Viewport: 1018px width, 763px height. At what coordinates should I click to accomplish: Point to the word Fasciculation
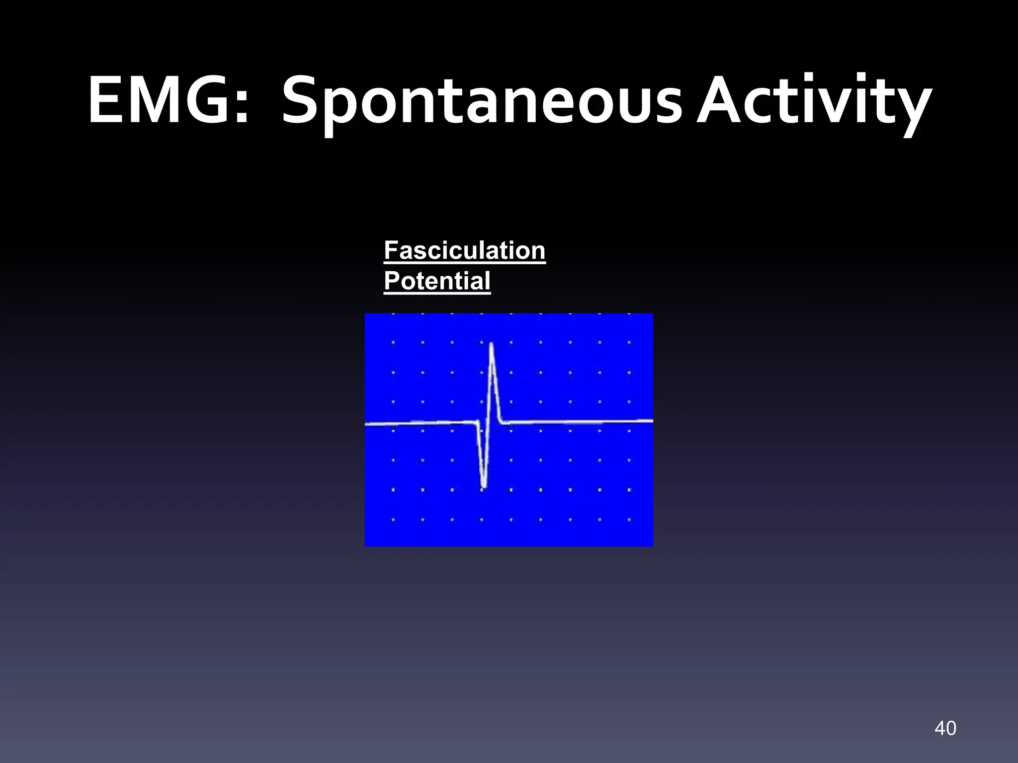point(464,250)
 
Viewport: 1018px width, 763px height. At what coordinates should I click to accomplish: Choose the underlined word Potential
point(437,281)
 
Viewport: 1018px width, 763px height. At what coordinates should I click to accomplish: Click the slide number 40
point(945,728)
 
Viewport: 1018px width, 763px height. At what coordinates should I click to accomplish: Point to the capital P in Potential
point(392,281)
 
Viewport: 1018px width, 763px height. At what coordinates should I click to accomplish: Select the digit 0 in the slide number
point(950,728)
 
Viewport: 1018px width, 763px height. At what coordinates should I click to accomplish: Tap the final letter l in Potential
point(487,281)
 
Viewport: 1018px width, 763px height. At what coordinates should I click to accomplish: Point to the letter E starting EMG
point(105,100)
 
